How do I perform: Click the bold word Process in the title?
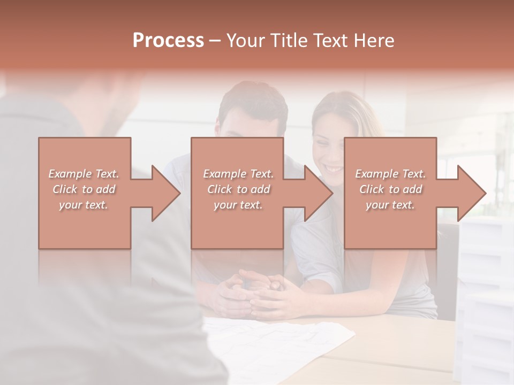click(x=168, y=41)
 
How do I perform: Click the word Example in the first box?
click(x=70, y=174)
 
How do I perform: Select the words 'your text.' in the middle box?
click(x=238, y=205)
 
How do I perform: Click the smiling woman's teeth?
click(x=334, y=169)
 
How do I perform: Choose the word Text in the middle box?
click(x=261, y=174)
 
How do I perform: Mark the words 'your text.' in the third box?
click(x=390, y=205)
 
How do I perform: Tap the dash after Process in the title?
click(x=215, y=41)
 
